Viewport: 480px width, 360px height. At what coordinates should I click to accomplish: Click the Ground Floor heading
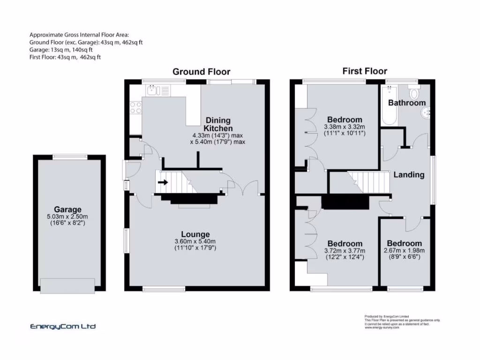point(202,72)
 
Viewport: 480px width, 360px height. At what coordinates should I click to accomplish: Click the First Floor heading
point(365,71)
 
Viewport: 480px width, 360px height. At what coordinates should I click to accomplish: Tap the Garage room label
point(67,210)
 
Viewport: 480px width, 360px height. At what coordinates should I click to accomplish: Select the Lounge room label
point(195,234)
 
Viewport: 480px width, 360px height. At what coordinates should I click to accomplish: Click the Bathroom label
point(407,103)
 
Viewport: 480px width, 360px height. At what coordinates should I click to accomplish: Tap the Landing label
point(409,175)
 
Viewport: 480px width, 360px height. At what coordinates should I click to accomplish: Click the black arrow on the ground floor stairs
point(163,182)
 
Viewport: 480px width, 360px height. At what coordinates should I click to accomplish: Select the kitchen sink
point(153,90)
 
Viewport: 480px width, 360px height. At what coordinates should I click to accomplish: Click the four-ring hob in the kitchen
point(135,107)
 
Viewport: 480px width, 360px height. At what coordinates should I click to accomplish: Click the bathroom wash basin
point(427,112)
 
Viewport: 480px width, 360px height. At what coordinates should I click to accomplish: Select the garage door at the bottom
point(67,285)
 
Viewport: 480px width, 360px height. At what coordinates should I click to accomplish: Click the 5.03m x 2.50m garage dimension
point(67,217)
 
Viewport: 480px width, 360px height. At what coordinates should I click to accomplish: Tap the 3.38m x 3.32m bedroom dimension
point(345,127)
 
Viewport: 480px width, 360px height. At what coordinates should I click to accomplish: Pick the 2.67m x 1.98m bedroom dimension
point(404,250)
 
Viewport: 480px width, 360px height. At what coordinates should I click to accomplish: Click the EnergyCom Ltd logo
point(63,327)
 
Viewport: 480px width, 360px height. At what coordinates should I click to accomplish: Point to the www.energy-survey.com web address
point(382,328)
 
